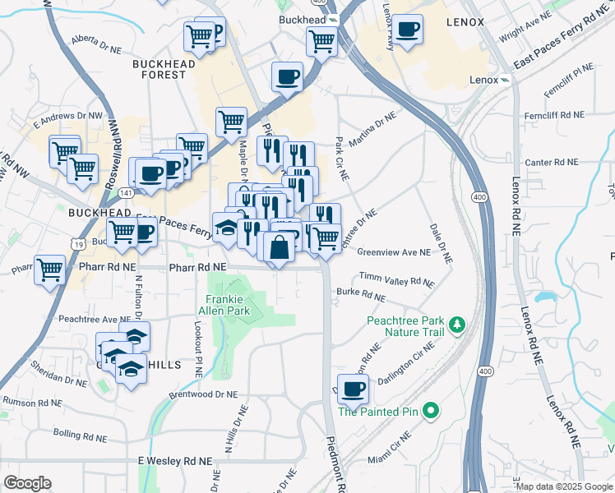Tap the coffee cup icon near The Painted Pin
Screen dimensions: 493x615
[354, 389]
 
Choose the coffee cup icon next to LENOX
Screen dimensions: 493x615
[407, 30]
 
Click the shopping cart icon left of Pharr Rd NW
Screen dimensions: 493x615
[49, 269]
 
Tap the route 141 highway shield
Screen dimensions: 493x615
[124, 192]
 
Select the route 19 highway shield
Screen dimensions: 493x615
[76, 244]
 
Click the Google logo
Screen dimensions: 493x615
[27, 483]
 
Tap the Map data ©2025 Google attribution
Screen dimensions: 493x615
[563, 486]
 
